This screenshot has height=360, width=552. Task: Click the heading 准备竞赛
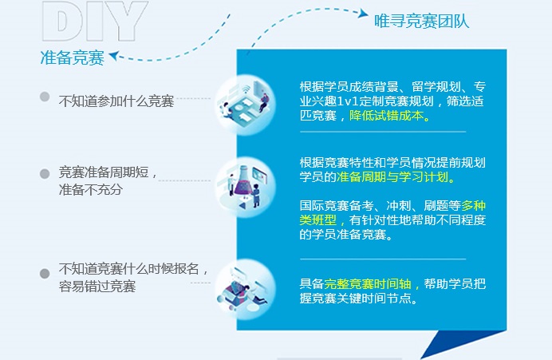(x=72, y=57)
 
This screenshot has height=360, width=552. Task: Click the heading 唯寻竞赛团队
(x=421, y=21)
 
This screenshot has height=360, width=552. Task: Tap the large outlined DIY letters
(x=94, y=21)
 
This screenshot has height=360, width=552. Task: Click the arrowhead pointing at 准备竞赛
(x=113, y=56)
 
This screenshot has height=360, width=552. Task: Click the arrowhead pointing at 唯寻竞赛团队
(x=363, y=14)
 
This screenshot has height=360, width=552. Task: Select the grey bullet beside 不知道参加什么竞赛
(x=45, y=97)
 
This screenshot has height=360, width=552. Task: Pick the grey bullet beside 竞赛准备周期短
(x=45, y=174)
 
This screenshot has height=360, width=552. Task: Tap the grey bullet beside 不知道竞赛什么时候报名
(x=45, y=273)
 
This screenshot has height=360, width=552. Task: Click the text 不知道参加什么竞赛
(x=116, y=101)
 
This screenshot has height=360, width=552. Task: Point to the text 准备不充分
(x=90, y=189)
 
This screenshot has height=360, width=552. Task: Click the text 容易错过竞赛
(x=97, y=286)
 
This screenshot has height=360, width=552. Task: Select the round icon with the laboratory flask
(x=245, y=187)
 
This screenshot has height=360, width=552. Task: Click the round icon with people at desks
(x=245, y=105)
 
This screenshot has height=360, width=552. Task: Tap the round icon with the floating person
(x=245, y=290)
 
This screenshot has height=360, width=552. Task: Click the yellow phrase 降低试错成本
(x=387, y=116)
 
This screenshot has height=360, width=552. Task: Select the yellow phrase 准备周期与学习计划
(x=392, y=176)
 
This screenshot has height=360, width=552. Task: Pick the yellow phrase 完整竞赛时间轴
(x=368, y=283)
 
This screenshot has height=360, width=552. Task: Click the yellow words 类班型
(x=318, y=220)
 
